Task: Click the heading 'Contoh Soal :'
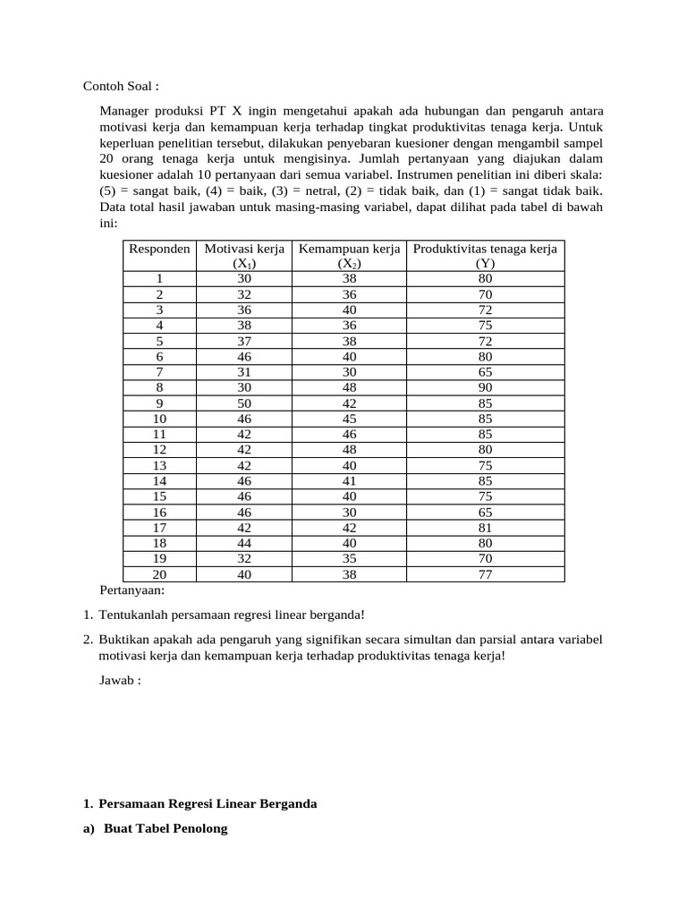coord(121,87)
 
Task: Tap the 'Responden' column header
coord(159,249)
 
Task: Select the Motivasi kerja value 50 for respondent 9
coord(244,402)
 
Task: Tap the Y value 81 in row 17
coord(485,528)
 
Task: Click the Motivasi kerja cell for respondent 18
coord(244,543)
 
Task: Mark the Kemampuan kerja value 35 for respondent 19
coord(349,559)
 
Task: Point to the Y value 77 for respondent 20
coord(485,575)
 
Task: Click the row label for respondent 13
coord(159,464)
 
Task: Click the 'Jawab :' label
coord(120,681)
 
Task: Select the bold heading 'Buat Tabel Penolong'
coord(165,828)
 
